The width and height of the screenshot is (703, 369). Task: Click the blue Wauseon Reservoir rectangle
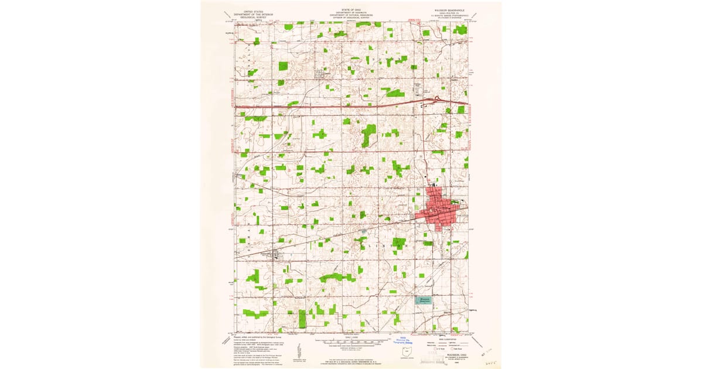(423, 299)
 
